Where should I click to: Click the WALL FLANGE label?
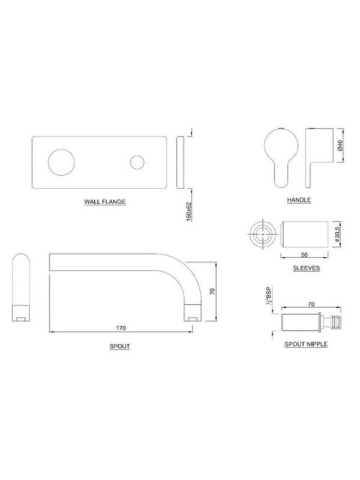[104, 202]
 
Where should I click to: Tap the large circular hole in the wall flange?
[61, 163]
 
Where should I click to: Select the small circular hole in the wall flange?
[137, 162]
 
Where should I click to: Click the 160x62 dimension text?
[189, 211]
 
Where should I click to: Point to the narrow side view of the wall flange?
[181, 162]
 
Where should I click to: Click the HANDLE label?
[299, 200]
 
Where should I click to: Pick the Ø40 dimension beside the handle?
[340, 145]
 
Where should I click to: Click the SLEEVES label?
[306, 268]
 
